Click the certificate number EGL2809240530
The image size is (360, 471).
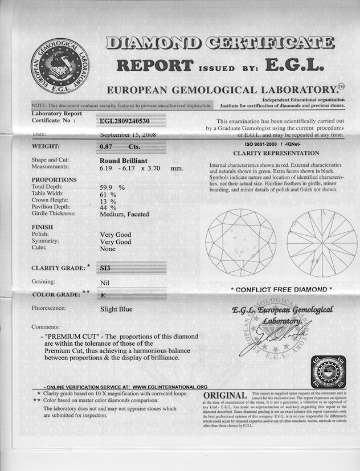pos(133,120)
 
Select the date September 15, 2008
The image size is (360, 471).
pos(128,135)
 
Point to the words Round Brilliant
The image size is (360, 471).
pos(122,160)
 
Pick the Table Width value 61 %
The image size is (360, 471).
pos(108,194)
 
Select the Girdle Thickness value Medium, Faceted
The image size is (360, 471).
pos(124,214)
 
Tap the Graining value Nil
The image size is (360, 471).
pos(105,282)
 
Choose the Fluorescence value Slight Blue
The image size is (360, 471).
pos(116,309)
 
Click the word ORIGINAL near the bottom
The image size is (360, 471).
pos(224,395)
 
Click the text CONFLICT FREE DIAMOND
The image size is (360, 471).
pos(281,289)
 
